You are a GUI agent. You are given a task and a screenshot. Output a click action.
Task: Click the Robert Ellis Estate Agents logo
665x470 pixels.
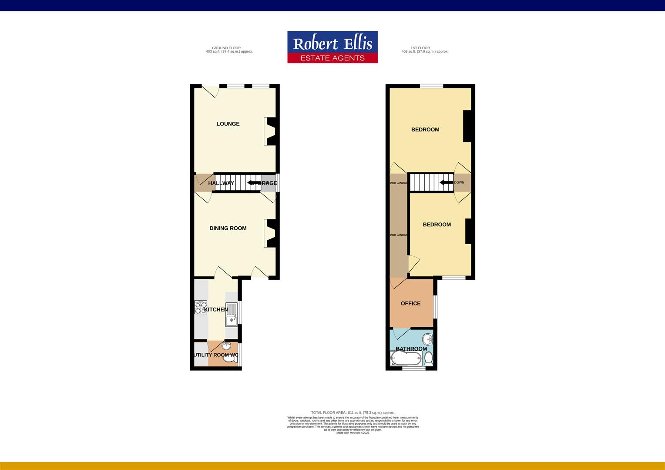pos(332,47)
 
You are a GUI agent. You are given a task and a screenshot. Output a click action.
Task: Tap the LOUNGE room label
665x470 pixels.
pos(228,124)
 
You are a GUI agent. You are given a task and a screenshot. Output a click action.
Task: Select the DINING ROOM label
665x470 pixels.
pos(228,228)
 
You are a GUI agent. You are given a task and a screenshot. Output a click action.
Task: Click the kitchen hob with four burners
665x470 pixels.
pos(201,308)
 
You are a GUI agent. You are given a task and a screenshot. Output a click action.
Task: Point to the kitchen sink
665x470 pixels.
pos(231,315)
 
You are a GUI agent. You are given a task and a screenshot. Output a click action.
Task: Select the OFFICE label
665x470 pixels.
pos(410,304)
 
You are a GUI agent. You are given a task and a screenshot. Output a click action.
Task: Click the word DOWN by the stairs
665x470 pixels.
pos(459,183)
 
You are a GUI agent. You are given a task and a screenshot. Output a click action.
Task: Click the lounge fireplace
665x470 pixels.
pos(270,131)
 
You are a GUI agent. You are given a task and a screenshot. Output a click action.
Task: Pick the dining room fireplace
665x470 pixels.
pos(270,234)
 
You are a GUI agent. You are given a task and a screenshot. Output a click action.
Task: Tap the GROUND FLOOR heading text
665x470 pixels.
pos(226,48)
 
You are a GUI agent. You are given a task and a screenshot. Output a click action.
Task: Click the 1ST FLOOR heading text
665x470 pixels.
pos(420,48)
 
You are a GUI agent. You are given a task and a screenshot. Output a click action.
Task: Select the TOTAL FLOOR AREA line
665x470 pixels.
pos(353,413)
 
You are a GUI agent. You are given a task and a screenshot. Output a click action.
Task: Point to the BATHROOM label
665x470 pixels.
pos(411,349)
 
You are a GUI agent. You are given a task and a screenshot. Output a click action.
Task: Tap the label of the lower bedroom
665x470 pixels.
pos(437,225)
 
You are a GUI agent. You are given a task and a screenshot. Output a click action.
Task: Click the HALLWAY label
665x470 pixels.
pos(221,183)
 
